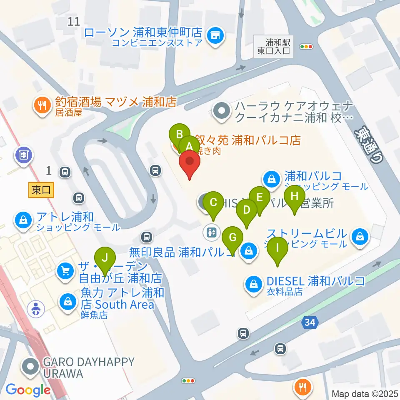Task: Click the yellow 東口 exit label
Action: point(41,190)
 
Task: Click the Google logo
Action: point(28,390)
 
